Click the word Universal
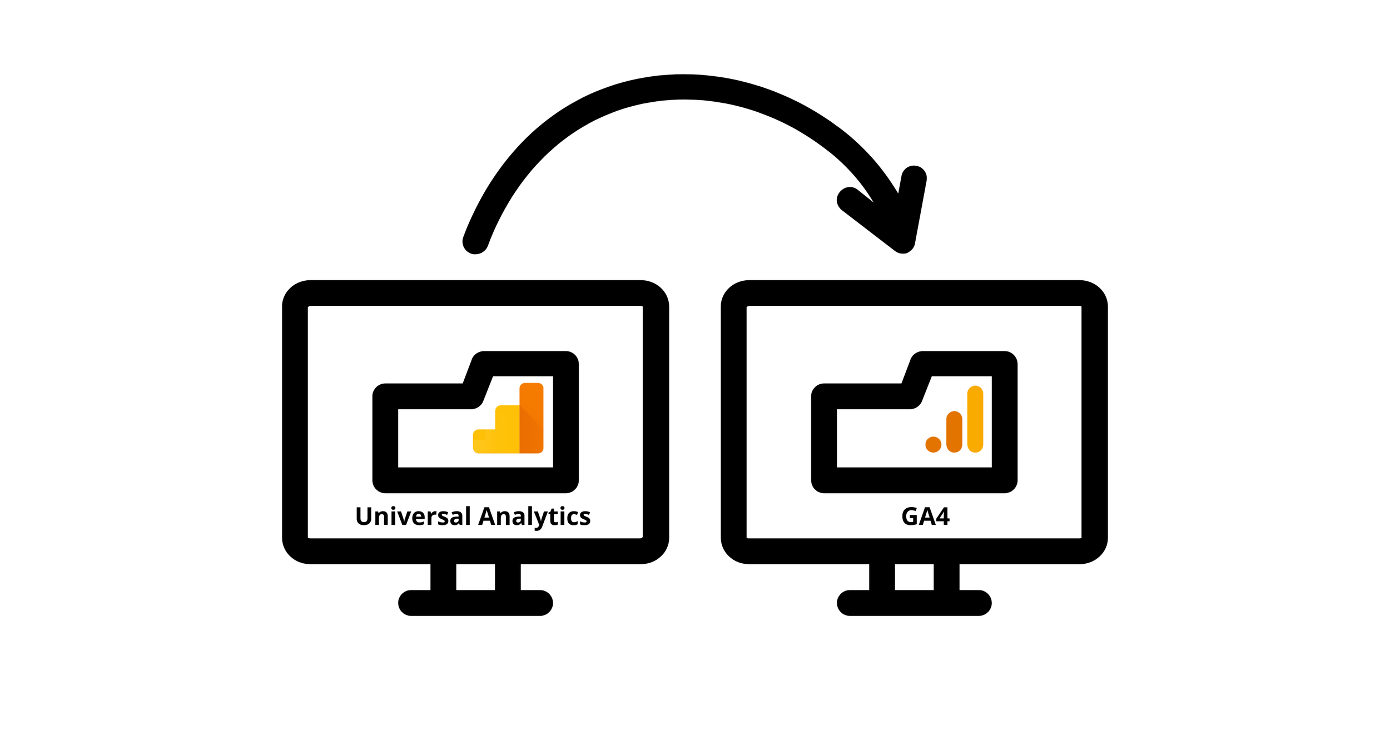click(413, 517)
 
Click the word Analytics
click(534, 517)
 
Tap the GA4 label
click(925, 517)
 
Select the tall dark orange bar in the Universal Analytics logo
click(531, 418)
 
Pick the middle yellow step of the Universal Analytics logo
click(507, 429)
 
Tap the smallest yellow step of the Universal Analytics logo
click(483, 441)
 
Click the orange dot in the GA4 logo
click(933, 444)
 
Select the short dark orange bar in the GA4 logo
click(954, 431)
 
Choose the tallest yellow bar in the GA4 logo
click(975, 419)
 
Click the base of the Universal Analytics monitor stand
click(475, 603)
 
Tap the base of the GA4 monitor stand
click(914, 603)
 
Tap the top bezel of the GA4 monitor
click(914, 293)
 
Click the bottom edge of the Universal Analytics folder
click(475, 480)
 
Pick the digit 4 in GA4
click(942, 517)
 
